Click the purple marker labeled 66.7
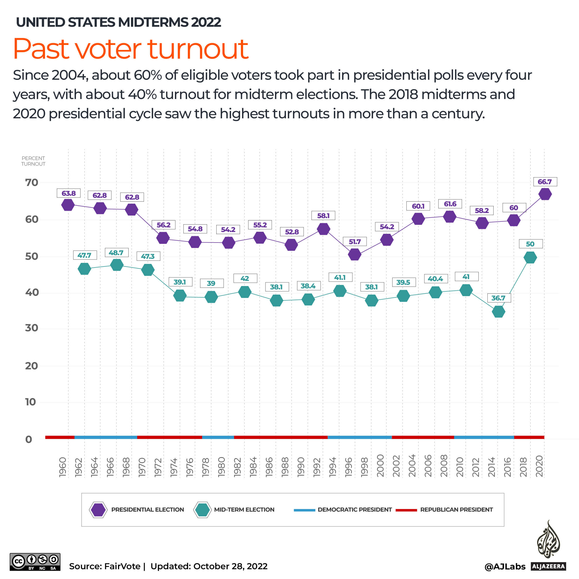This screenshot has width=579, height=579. (x=545, y=194)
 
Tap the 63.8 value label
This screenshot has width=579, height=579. (x=69, y=193)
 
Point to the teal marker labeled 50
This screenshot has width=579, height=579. (x=530, y=257)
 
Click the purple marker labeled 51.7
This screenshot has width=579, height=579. (x=354, y=254)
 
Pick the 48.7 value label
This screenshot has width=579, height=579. (x=116, y=253)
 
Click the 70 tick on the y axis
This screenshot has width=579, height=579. (x=31, y=183)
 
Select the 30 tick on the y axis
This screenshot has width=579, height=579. (x=31, y=328)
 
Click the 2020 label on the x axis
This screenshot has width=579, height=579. (x=539, y=466)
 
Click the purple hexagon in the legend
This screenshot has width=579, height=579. (x=98, y=510)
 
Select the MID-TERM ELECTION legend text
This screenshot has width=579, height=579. (x=244, y=510)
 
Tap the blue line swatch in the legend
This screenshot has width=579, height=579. (x=304, y=510)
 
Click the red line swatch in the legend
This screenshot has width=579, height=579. (x=406, y=510)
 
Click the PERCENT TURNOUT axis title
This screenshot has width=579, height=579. (x=33, y=161)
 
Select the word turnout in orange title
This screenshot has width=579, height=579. (x=198, y=49)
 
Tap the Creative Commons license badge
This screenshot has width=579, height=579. (x=35, y=562)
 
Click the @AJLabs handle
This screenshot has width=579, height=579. (x=505, y=566)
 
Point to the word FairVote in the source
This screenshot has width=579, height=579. (x=122, y=566)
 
